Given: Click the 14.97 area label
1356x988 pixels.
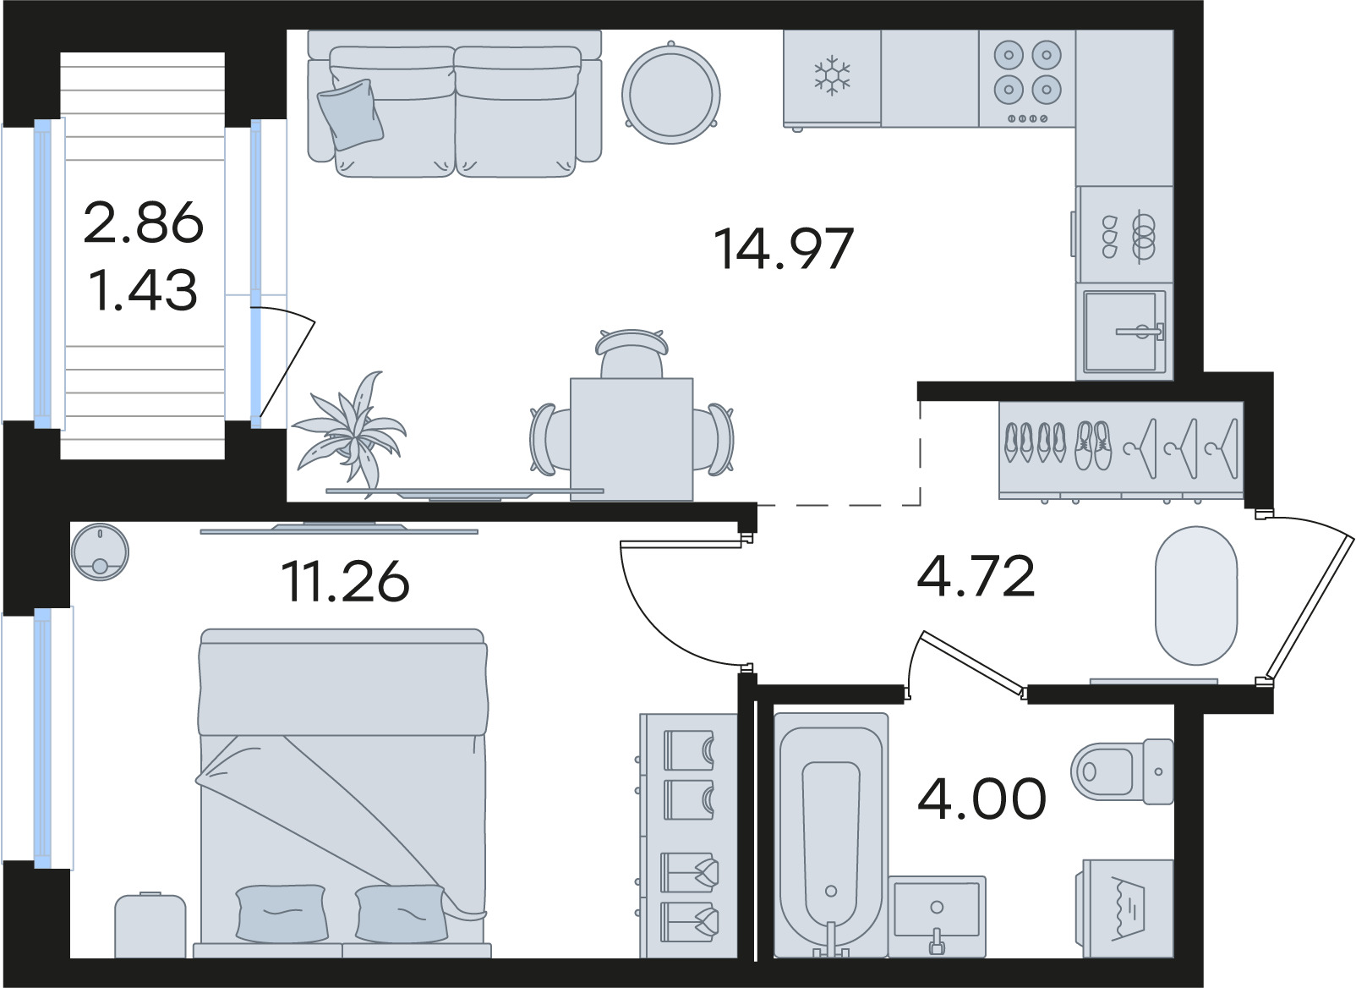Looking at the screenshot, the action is [x=784, y=248].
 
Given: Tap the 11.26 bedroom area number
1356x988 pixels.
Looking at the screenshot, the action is [x=345, y=581].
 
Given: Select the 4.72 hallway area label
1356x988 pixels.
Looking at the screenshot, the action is [x=976, y=576].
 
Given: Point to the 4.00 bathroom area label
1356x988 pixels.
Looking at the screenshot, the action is [x=981, y=798].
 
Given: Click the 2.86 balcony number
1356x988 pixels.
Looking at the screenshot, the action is [x=144, y=222].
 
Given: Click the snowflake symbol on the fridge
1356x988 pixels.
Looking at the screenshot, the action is [x=832, y=76].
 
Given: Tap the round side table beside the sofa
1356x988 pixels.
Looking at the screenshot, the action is [x=670, y=93].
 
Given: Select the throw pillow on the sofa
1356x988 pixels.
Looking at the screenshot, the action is [x=351, y=114].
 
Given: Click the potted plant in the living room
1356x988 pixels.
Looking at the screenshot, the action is [x=349, y=432].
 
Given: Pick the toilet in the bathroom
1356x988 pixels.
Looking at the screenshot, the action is [x=1122, y=771].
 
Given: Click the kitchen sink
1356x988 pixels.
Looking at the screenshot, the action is [x=1124, y=332].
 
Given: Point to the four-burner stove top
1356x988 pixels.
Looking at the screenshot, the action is [x=1027, y=79].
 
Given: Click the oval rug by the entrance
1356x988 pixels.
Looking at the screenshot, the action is [x=1196, y=596].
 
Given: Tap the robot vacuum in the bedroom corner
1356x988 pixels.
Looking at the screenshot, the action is [x=99, y=552].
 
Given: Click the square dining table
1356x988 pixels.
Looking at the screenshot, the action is [x=632, y=439].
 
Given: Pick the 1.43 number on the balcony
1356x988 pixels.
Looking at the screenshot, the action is [x=144, y=290].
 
